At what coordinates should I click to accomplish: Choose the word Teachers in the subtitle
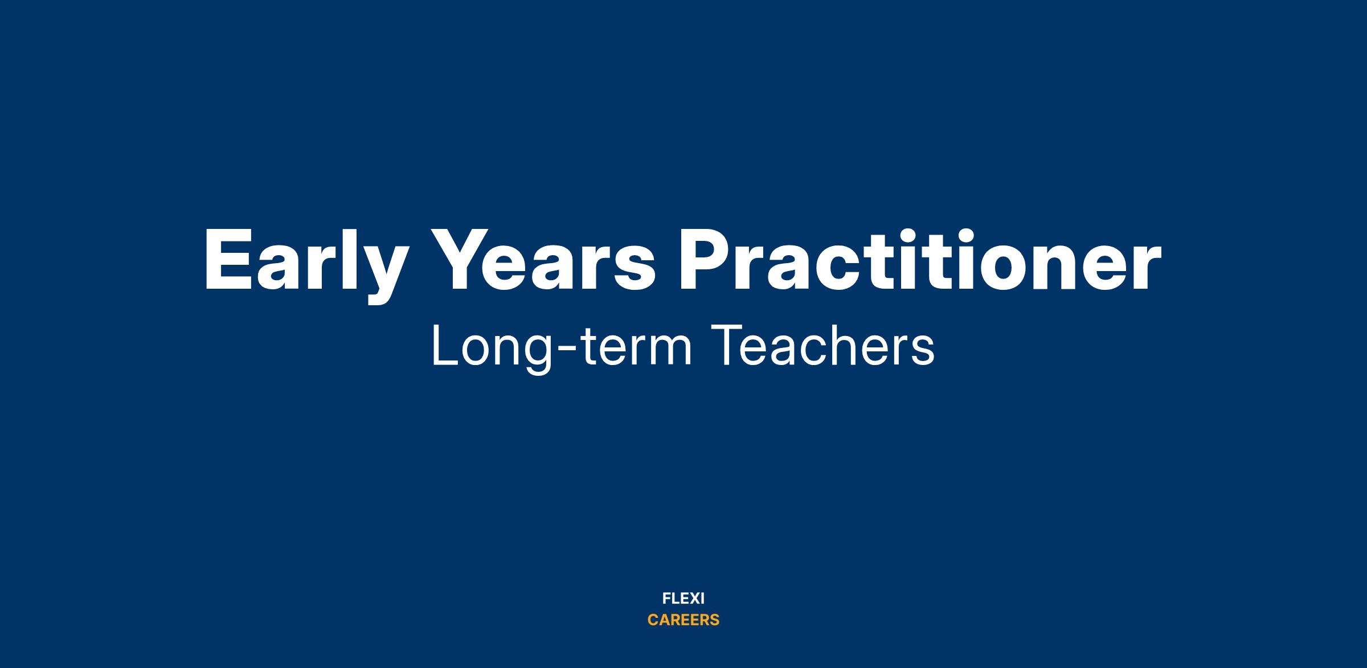click(824, 345)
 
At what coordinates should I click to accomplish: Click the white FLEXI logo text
click(683, 599)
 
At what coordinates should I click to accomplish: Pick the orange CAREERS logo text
click(683, 620)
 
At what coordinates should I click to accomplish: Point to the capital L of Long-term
click(445, 345)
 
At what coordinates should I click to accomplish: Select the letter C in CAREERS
click(653, 620)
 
